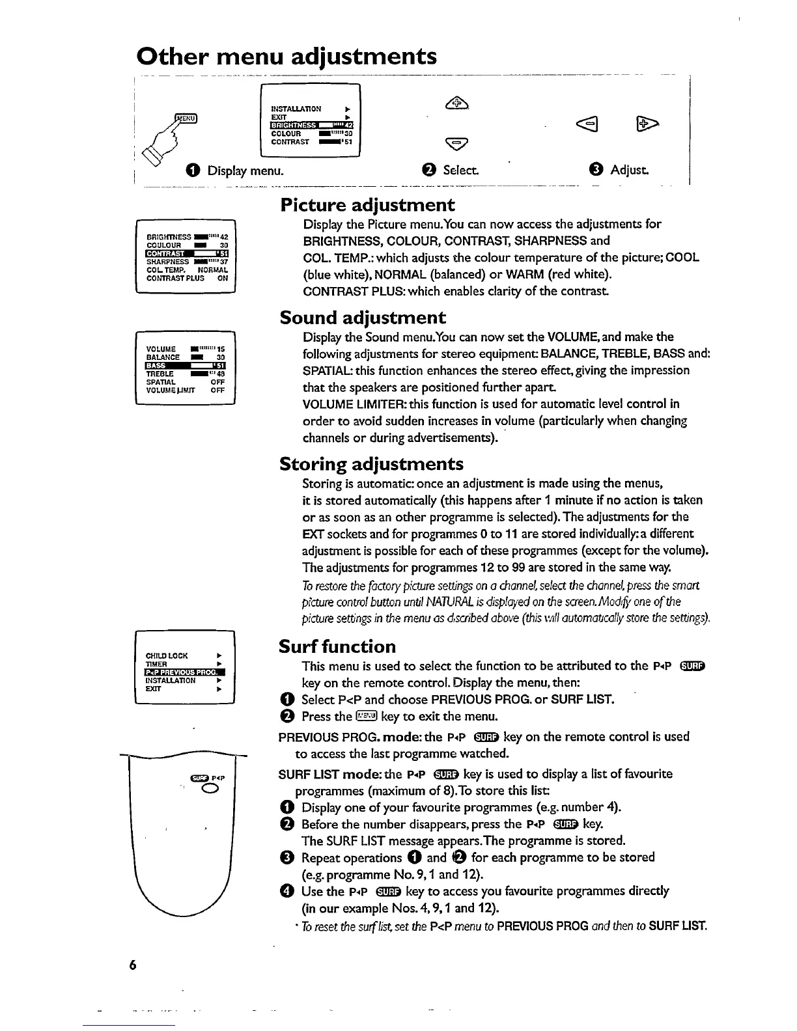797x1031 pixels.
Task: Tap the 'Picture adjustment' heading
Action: (x=367, y=205)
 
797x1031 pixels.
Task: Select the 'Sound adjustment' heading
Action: (x=363, y=318)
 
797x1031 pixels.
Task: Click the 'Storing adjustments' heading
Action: (x=371, y=464)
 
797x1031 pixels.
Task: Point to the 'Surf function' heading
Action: (x=337, y=646)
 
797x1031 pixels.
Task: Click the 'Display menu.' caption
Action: (x=245, y=171)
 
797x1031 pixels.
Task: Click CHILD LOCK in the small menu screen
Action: (x=167, y=655)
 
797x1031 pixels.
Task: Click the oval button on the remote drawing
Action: (x=210, y=790)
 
